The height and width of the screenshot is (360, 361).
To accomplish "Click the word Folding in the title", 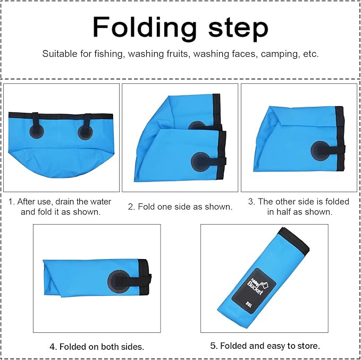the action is point(145,27).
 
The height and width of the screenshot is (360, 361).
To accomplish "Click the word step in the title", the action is point(238,29).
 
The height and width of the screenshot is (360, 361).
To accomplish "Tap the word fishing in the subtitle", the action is point(110,54).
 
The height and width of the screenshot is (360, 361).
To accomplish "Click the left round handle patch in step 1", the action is point(37,132).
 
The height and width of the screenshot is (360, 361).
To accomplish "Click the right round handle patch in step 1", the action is point(85,133).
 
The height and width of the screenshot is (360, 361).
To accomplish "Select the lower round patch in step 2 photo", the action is point(200,161).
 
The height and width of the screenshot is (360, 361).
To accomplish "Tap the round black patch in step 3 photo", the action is point(320,151).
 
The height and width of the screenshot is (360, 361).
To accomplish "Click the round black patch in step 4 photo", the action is point(119,281).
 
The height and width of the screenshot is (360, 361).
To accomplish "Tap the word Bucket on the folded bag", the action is point(255,287).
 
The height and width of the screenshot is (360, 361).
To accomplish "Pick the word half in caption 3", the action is point(283,212).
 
